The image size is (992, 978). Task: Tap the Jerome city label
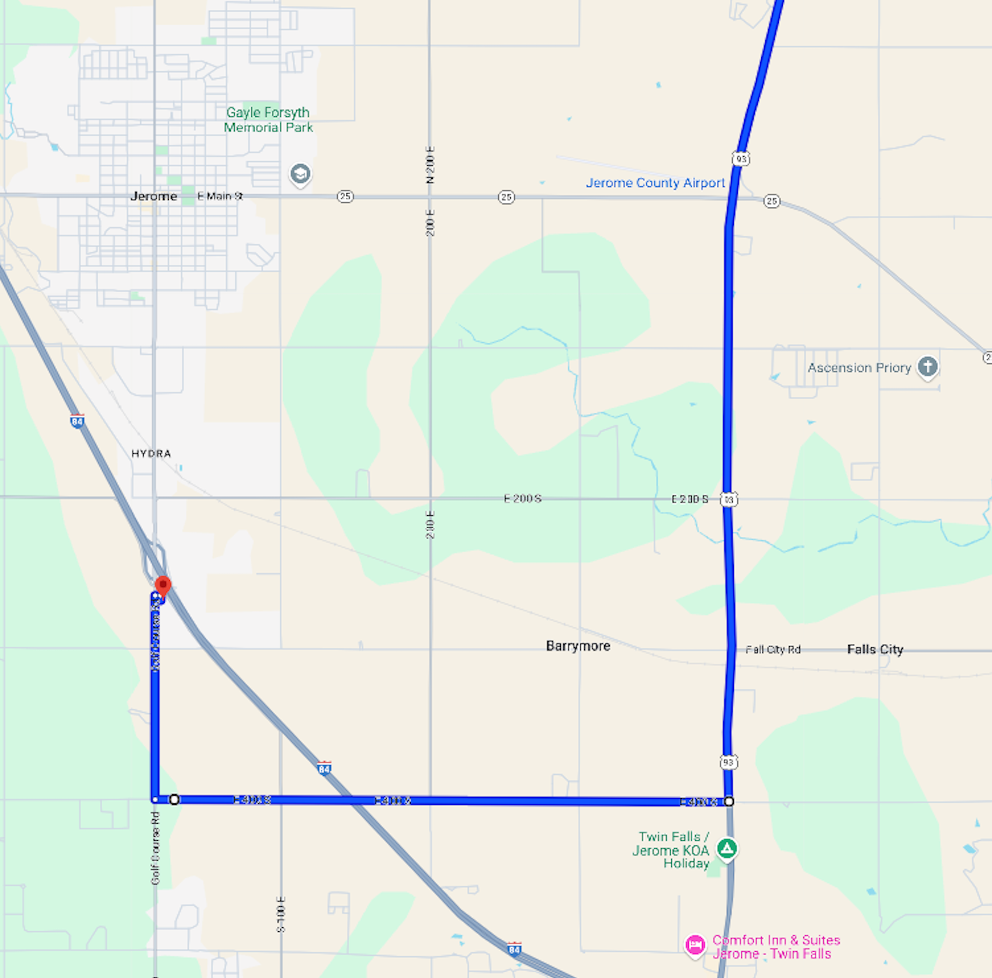154,196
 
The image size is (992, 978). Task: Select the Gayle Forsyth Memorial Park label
268,120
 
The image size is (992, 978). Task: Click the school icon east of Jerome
300,174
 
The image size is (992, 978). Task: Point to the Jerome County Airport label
655,183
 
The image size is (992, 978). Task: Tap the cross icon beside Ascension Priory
927,367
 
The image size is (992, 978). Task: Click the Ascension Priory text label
859,368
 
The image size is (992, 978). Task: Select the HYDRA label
151,454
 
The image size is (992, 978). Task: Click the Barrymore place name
578,646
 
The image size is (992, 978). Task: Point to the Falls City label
875,650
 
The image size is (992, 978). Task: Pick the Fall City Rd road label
772,650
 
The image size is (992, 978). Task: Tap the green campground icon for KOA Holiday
727,848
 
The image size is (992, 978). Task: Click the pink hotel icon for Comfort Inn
695,945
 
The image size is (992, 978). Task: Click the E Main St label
220,196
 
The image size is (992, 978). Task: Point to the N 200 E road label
431,165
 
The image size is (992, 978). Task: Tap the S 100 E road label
281,914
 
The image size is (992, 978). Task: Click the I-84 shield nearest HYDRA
77,421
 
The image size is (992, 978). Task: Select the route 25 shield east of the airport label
772,201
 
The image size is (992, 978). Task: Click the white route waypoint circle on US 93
729,802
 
